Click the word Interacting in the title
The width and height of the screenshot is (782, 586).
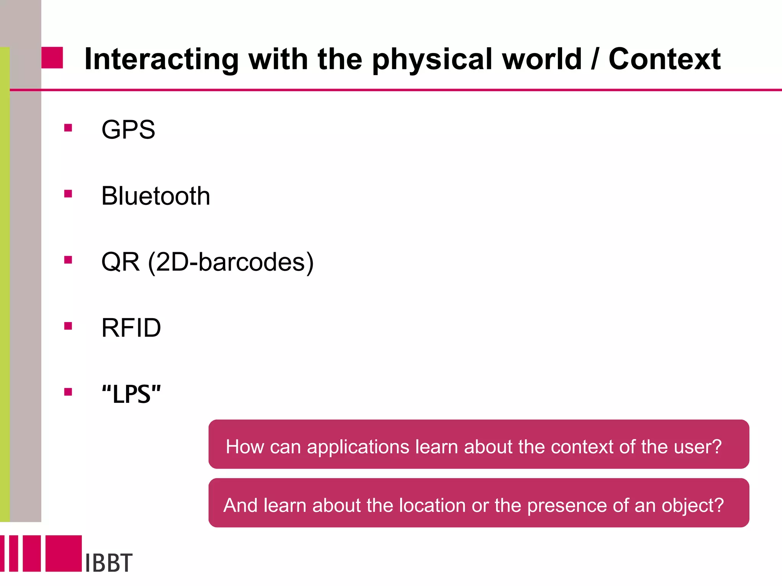161,60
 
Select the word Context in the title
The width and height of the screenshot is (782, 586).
664,59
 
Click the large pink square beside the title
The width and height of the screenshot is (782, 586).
52,58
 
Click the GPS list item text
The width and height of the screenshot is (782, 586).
128,130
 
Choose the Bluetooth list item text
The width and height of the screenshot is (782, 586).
156,196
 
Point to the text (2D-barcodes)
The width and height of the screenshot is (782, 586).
231,262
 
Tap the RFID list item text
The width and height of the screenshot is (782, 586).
131,328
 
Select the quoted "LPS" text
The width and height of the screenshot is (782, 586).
131,394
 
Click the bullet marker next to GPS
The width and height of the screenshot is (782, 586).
68,128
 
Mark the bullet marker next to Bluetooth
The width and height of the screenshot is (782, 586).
68,194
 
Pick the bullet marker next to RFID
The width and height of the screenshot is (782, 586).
68,326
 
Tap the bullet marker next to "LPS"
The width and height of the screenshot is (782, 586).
68,392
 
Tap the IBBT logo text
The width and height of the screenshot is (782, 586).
109,563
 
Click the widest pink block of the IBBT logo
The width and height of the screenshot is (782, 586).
63,553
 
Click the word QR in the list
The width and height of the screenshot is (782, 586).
120,262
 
